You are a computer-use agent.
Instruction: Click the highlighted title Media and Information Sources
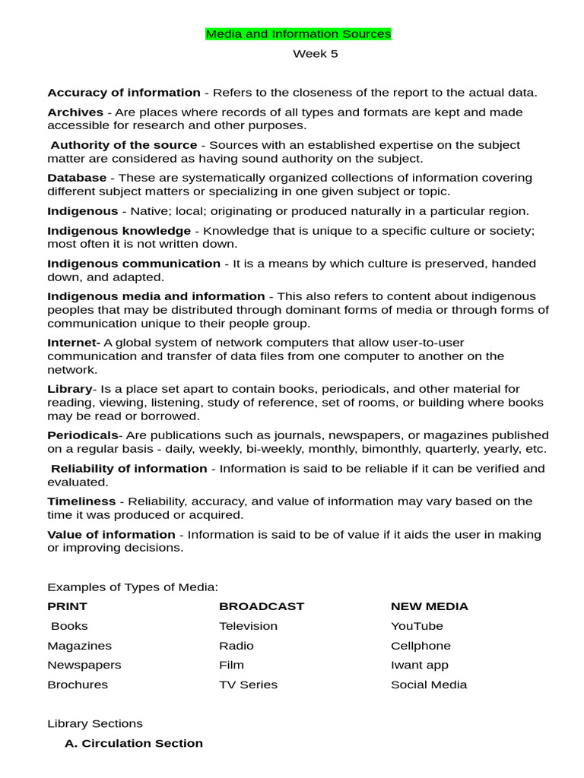298,34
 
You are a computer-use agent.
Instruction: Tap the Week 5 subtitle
316,54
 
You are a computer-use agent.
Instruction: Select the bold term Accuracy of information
124,93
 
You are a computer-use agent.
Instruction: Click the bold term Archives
75,112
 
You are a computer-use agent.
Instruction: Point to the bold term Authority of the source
124,145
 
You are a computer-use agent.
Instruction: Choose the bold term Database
77,178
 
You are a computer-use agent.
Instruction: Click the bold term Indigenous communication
134,264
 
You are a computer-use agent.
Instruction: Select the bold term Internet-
74,343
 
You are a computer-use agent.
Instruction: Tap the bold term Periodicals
82,435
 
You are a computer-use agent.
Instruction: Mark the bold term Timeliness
81,501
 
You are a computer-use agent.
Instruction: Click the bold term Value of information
111,534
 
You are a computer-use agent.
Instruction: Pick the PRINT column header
67,606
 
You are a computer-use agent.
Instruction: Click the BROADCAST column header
261,606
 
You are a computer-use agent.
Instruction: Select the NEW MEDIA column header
429,606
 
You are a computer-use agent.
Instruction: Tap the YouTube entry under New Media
417,626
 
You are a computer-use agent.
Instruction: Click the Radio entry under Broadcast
236,646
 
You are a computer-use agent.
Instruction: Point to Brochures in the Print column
78,685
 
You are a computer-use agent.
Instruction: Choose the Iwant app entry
420,665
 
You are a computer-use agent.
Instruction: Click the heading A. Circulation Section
134,743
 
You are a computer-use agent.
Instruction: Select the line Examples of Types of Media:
132,587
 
